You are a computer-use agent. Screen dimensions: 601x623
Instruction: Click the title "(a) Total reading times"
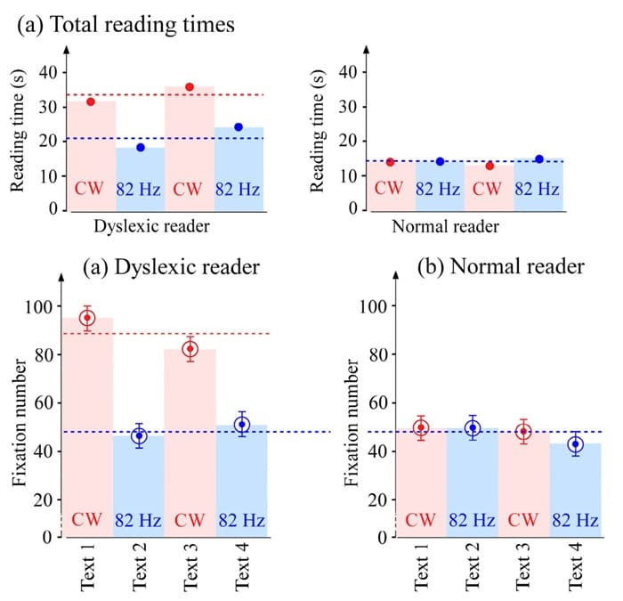click(125, 24)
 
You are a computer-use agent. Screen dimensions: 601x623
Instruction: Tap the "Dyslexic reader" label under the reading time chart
click(150, 227)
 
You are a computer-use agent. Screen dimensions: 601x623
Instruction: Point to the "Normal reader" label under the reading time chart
click(445, 227)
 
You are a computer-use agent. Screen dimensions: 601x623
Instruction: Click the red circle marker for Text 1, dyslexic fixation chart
click(86, 318)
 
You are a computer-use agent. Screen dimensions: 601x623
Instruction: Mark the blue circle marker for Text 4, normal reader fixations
click(575, 443)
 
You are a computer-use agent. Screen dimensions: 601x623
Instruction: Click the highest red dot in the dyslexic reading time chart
click(189, 86)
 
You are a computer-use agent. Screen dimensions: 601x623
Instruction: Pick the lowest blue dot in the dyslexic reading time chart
click(141, 147)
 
